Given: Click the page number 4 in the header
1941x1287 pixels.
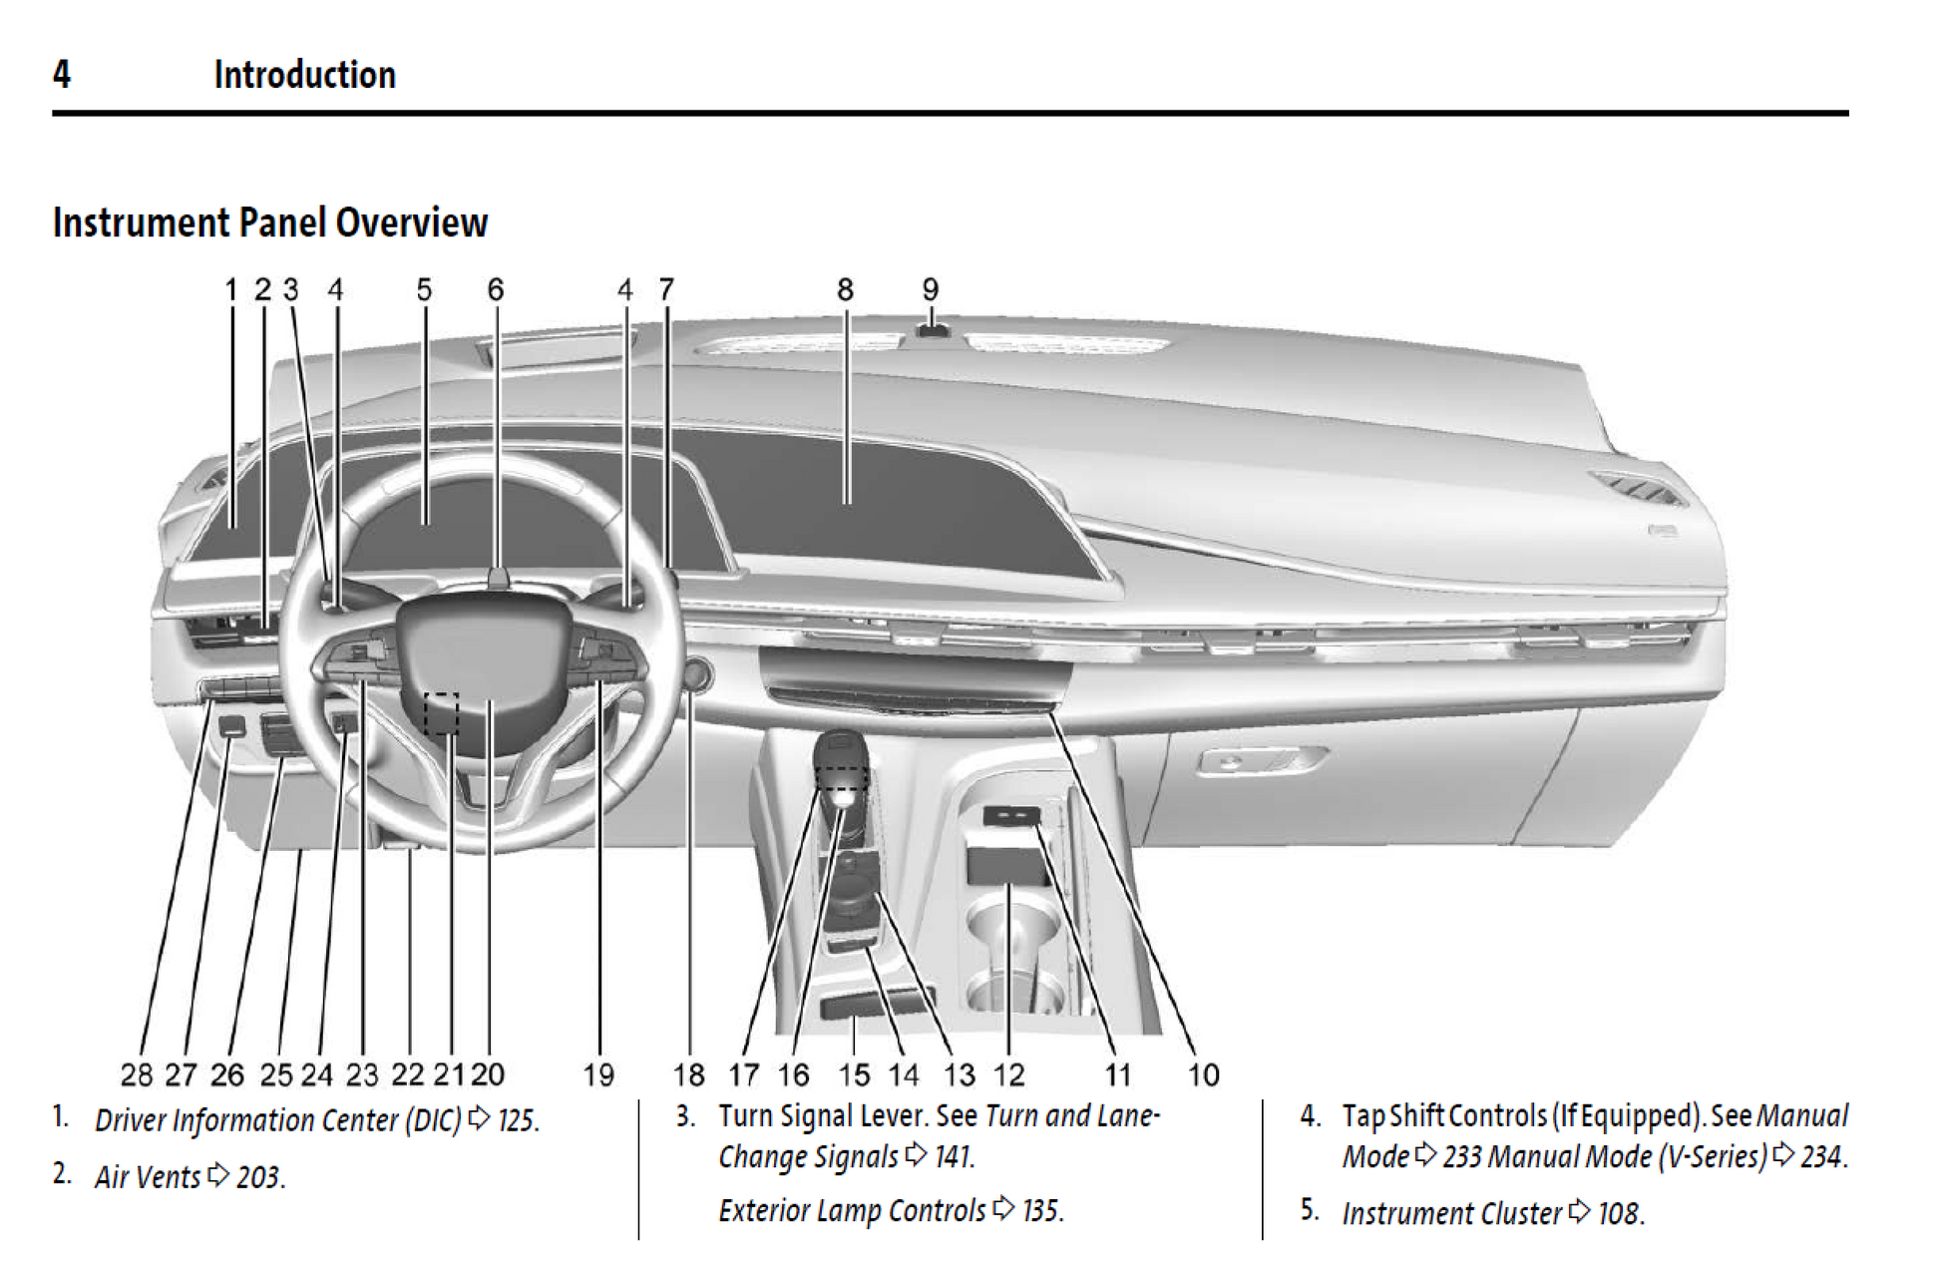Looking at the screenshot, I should (62, 75).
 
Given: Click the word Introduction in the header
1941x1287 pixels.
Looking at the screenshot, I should (304, 75).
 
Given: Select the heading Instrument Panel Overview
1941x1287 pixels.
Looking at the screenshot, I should (270, 222).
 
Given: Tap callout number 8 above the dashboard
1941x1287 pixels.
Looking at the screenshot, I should (845, 289).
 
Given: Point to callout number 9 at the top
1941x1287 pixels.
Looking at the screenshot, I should (930, 289).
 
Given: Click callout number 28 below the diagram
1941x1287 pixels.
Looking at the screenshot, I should (137, 1074).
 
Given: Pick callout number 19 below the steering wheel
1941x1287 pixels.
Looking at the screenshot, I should (598, 1074).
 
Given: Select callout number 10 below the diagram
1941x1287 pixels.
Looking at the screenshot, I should (1203, 1074).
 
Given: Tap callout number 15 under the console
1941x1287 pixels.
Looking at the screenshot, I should (854, 1074).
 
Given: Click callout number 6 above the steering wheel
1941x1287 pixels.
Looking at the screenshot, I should (496, 289).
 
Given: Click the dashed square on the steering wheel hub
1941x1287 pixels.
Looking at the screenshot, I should (441, 712).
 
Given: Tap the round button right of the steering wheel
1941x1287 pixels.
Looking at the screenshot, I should (695, 675).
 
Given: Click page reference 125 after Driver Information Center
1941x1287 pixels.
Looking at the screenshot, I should (518, 1120).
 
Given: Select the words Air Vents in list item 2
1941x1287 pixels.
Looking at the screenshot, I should (148, 1177).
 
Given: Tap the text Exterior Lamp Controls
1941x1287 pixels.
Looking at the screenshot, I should (852, 1210).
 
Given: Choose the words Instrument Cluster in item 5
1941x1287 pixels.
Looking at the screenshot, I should (1451, 1213).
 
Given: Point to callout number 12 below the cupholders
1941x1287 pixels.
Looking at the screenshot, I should (1008, 1074).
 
